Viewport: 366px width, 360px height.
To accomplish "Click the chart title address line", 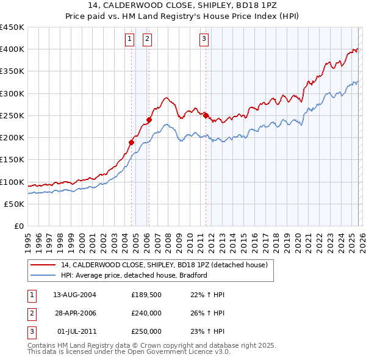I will (x=182, y=5).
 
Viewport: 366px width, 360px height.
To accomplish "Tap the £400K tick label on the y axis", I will (x=12, y=49).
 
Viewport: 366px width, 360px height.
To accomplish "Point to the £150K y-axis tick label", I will (x=12, y=160).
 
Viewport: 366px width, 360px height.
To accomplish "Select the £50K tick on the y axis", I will (x=15, y=204).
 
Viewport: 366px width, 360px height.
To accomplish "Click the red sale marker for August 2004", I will (x=131, y=142).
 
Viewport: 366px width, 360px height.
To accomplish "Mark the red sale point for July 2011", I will (x=206, y=115).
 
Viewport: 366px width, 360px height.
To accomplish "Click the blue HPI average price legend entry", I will (x=134, y=275).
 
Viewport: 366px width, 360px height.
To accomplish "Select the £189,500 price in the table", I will (x=146, y=295).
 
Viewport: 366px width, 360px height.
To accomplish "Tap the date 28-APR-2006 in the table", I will (x=74, y=313).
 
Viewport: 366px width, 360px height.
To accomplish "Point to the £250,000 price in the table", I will (x=146, y=331).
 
